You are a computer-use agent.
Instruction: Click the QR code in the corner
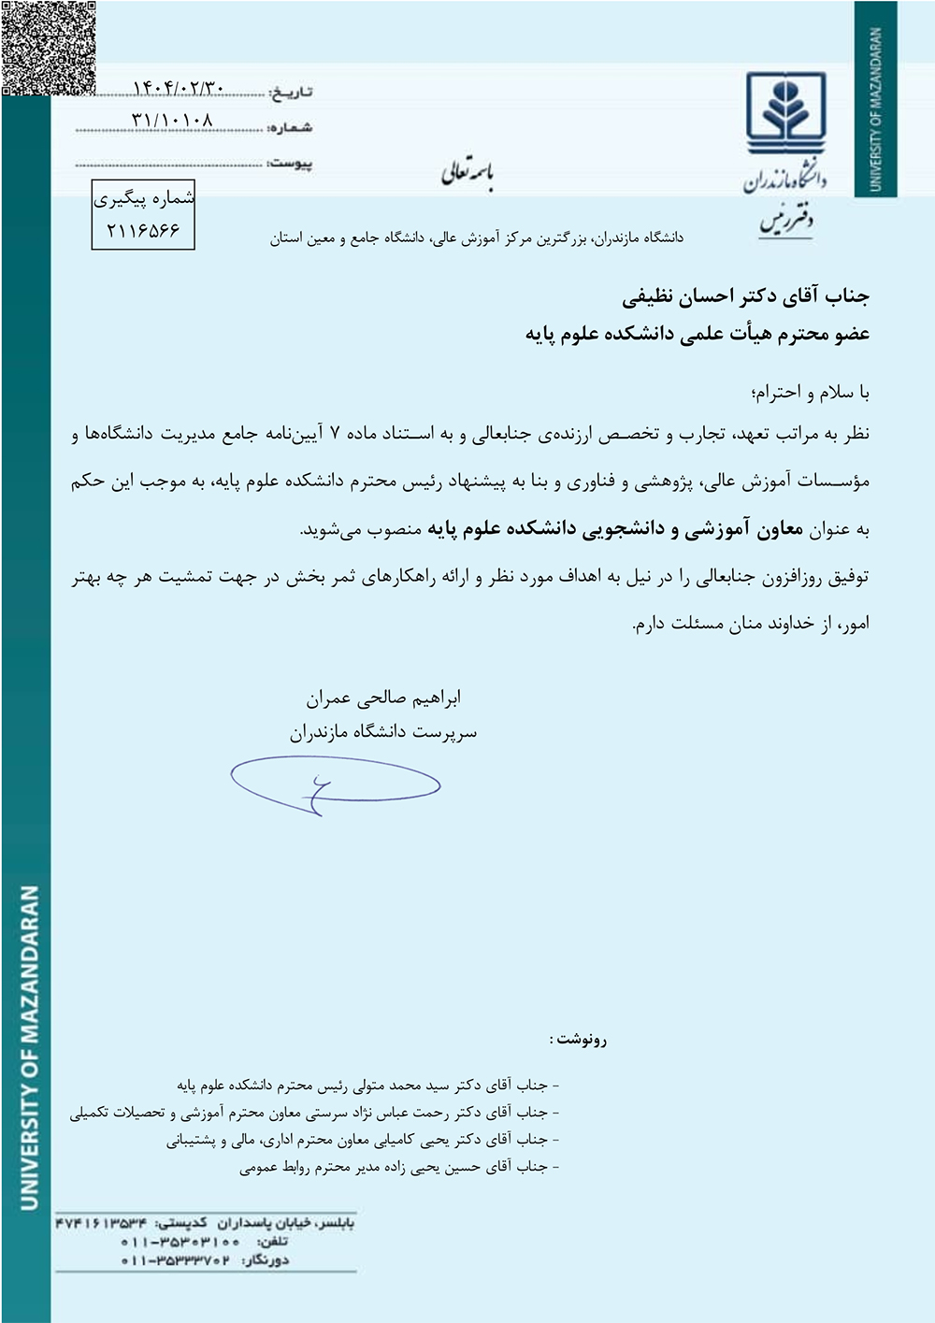tap(49, 47)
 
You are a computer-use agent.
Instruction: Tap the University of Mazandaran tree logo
tap(785, 116)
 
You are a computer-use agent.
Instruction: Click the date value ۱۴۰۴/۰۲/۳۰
tap(179, 88)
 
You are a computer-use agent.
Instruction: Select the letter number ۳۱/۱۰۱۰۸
tap(173, 121)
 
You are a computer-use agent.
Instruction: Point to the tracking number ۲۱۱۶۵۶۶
tap(143, 230)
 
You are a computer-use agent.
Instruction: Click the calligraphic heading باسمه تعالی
tap(467, 173)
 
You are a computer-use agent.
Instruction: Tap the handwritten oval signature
tap(335, 785)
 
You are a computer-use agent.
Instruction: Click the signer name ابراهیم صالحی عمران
tap(383, 697)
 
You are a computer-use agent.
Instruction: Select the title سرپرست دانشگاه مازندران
tap(383, 732)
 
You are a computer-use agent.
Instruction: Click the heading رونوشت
tap(579, 1039)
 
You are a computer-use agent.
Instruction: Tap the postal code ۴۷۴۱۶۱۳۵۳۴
tap(101, 1223)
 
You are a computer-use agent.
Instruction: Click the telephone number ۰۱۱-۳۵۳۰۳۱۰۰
tap(180, 1242)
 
